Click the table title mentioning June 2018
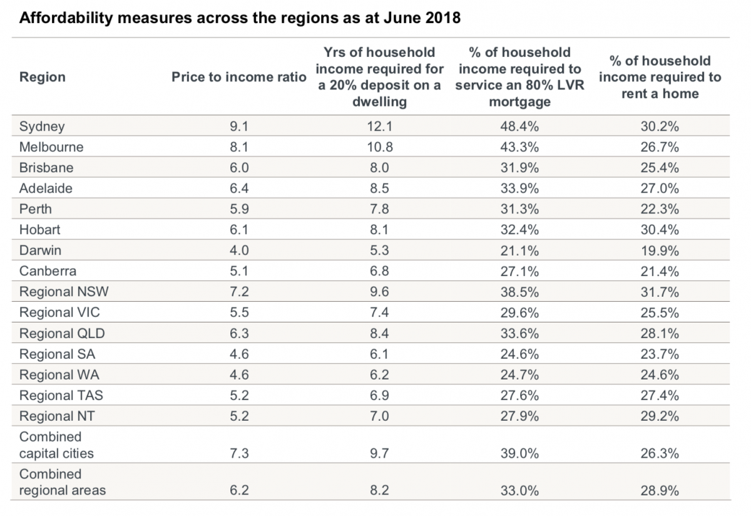click(240, 18)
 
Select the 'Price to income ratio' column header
click(239, 77)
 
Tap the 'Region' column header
click(43, 77)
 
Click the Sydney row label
click(42, 126)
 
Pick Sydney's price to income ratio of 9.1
click(239, 126)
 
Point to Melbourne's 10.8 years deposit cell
click(379, 147)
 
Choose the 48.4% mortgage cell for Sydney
click(519, 126)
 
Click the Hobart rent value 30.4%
click(660, 230)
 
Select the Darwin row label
click(40, 250)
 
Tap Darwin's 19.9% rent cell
click(660, 250)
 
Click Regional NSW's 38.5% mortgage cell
click(519, 292)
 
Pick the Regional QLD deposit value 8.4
click(379, 333)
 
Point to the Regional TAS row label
click(61, 395)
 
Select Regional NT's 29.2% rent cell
click(660, 416)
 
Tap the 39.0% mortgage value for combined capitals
click(519, 453)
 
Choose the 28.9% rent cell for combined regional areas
click(660, 490)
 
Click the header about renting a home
click(660, 77)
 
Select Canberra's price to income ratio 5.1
click(239, 271)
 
